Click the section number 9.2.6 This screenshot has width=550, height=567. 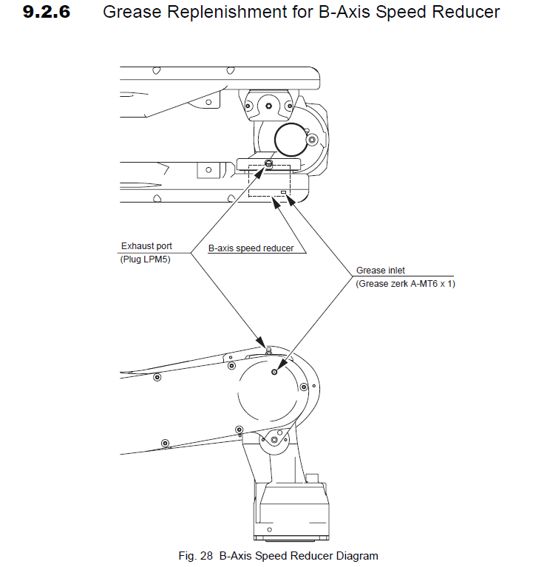tap(47, 13)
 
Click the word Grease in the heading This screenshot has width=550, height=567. tap(128, 13)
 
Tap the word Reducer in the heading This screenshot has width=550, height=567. tap(465, 13)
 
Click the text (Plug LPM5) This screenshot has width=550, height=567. tap(145, 259)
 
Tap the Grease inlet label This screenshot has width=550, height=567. tap(380, 271)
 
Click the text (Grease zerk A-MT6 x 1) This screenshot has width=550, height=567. tap(405, 284)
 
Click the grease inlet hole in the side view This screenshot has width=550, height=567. tap(275, 372)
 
